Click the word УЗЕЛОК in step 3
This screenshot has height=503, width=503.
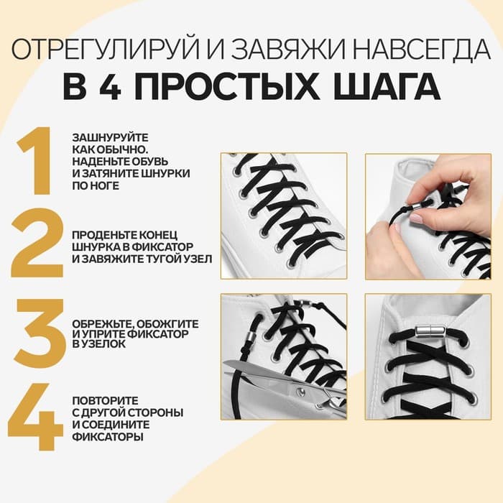click(x=106, y=345)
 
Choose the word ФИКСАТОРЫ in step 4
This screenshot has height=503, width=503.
click(x=103, y=435)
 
